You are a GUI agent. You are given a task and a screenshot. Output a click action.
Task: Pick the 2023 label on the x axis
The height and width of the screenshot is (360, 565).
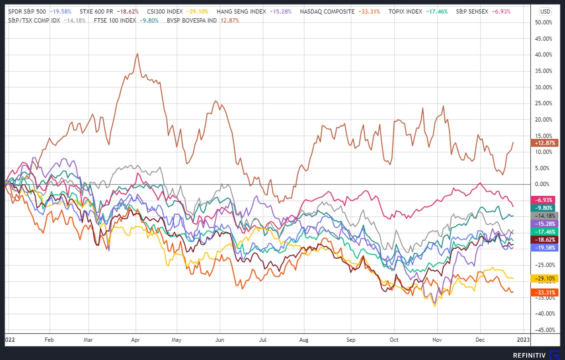523,340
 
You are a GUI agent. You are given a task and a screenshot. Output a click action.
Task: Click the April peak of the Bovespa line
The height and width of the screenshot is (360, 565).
137,54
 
